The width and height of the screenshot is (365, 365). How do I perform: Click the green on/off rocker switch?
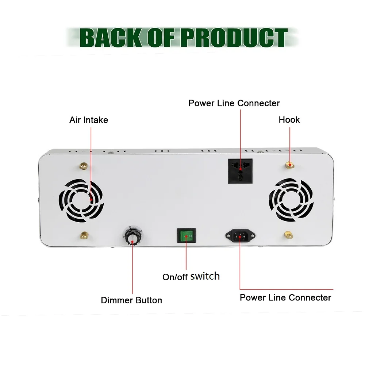[186, 236]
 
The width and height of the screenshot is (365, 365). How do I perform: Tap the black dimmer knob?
[132, 238]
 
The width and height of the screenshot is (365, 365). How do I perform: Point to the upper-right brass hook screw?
[290, 165]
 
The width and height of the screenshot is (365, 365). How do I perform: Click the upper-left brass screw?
[84, 166]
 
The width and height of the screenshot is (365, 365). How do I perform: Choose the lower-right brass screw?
[288, 234]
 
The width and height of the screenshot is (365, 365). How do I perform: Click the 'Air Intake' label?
[89, 120]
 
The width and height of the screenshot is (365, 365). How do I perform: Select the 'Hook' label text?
[289, 120]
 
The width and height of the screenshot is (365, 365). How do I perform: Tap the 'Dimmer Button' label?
[131, 300]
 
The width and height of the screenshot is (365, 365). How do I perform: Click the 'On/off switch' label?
[191, 276]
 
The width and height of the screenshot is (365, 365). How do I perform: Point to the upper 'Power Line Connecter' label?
[234, 103]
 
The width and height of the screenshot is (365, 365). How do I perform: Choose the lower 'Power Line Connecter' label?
[285, 297]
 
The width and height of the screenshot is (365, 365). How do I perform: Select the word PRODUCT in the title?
[234, 37]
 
